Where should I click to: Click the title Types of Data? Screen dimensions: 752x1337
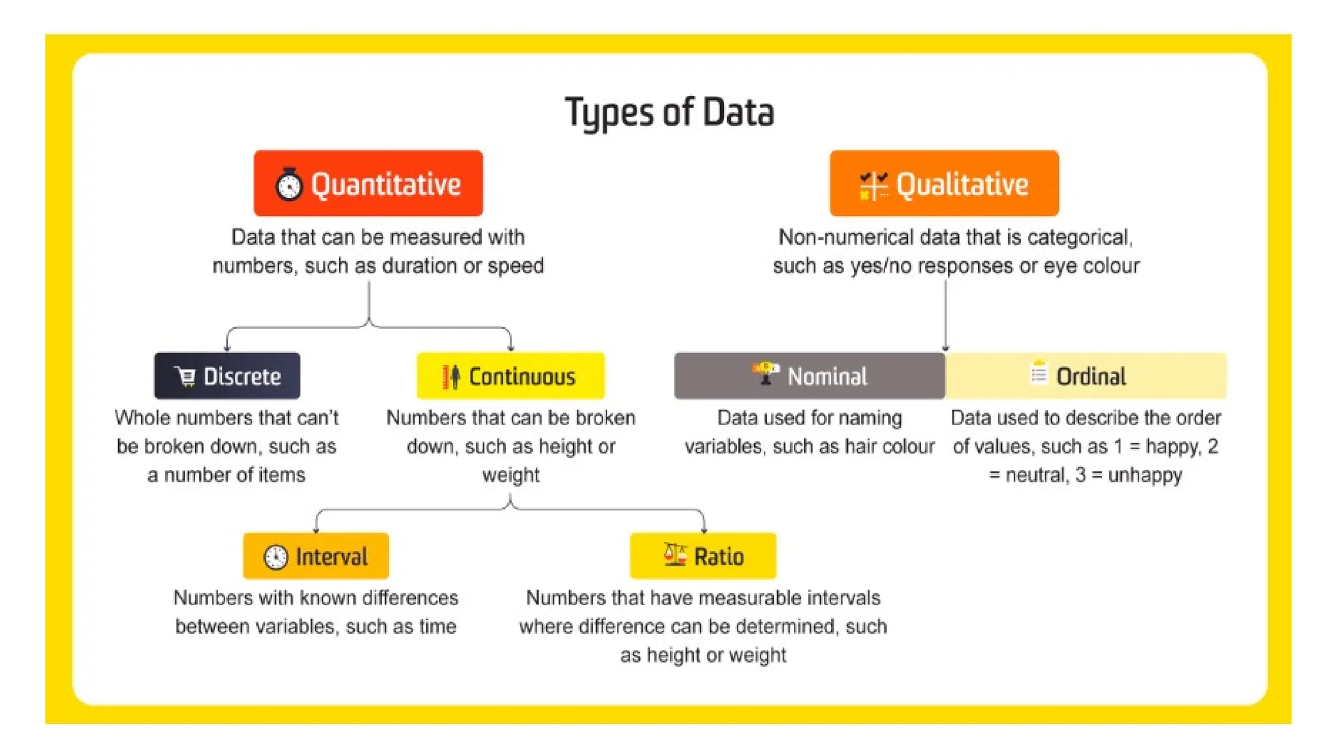coord(669,112)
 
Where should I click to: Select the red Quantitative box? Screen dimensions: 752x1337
coord(368,183)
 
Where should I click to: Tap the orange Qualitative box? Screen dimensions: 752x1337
coord(944,183)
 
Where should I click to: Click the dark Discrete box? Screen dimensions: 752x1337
coord(227,376)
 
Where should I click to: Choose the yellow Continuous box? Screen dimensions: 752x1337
coord(511,376)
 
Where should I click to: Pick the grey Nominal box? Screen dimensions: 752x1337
coord(810,376)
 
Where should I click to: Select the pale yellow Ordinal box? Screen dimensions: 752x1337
coord(1086,376)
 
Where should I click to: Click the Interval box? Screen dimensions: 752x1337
coord(316,556)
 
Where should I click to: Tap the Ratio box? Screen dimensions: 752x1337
coord(703,556)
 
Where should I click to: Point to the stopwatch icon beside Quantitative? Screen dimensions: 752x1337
coord(289,185)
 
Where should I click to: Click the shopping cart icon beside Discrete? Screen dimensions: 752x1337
coord(185,376)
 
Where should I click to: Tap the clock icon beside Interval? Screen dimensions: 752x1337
coord(275,557)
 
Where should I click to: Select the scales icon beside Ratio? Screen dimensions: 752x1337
coord(675,555)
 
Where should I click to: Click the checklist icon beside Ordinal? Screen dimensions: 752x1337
coord(1038,373)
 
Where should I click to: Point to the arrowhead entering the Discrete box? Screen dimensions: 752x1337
coord(227,348)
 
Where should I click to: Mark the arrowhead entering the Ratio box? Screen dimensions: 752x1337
coord(704,529)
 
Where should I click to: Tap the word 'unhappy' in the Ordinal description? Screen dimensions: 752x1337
coord(1145,475)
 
